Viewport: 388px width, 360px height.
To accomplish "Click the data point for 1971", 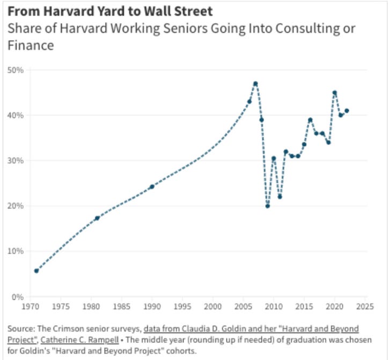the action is (x=36, y=271).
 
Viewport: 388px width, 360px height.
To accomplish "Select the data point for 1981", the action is (x=97, y=218).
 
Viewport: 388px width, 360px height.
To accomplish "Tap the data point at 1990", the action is (x=152, y=186).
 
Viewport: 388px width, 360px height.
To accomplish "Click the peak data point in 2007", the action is (x=255, y=84).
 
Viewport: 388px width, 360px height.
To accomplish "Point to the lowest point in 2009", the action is (x=267, y=206).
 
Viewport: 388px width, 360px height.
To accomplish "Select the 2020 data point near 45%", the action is (x=334, y=92).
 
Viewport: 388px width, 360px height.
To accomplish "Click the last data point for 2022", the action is (x=347, y=111).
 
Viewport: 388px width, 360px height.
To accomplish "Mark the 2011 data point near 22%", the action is (x=280, y=197).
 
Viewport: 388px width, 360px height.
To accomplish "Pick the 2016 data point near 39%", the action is (x=310, y=120).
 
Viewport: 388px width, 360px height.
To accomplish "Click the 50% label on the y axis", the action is (x=16, y=70).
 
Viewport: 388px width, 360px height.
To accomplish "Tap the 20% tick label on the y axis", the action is (x=16, y=206).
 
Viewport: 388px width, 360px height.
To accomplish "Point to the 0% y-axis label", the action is (x=18, y=297).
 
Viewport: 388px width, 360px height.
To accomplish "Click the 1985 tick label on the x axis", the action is (x=121, y=307).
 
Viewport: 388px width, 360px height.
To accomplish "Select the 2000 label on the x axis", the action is (x=213, y=307).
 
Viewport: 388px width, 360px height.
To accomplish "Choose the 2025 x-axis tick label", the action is (x=365, y=307).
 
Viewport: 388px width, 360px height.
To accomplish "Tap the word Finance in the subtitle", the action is (x=31, y=46).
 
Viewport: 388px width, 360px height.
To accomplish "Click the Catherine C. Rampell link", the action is (x=79, y=340).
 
